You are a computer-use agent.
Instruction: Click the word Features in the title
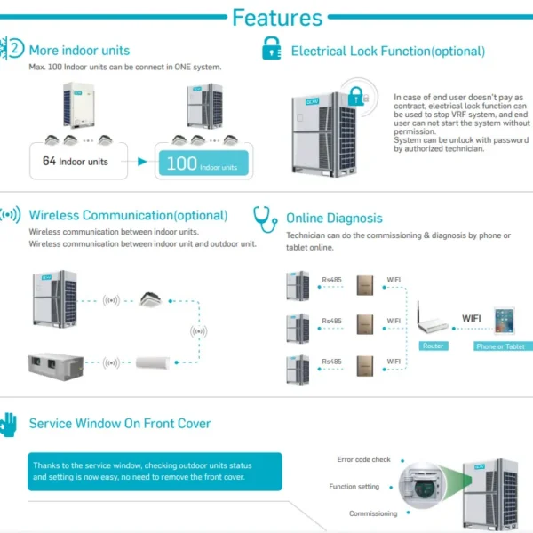click(277, 18)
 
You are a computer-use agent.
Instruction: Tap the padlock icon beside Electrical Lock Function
click(272, 48)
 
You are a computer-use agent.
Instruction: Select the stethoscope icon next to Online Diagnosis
click(265, 219)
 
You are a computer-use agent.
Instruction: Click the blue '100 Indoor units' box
click(203, 163)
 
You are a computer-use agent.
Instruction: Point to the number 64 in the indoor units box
click(49, 161)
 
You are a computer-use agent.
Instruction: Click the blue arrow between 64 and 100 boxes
click(142, 162)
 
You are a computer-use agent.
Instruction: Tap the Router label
click(434, 346)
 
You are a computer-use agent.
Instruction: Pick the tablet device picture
click(505, 321)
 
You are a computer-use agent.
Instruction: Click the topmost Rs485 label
click(331, 280)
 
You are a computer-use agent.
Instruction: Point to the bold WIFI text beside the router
click(472, 319)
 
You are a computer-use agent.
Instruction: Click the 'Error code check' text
click(363, 459)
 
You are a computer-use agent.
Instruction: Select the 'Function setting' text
click(354, 487)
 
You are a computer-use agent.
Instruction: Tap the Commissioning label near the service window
click(373, 513)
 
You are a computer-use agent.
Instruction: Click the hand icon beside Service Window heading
click(9, 425)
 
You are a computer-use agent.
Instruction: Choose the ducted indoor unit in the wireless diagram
click(56, 367)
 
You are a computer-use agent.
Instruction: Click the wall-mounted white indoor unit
click(153, 362)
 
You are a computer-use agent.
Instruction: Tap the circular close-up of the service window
click(423, 486)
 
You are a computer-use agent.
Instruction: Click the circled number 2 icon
click(15, 48)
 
